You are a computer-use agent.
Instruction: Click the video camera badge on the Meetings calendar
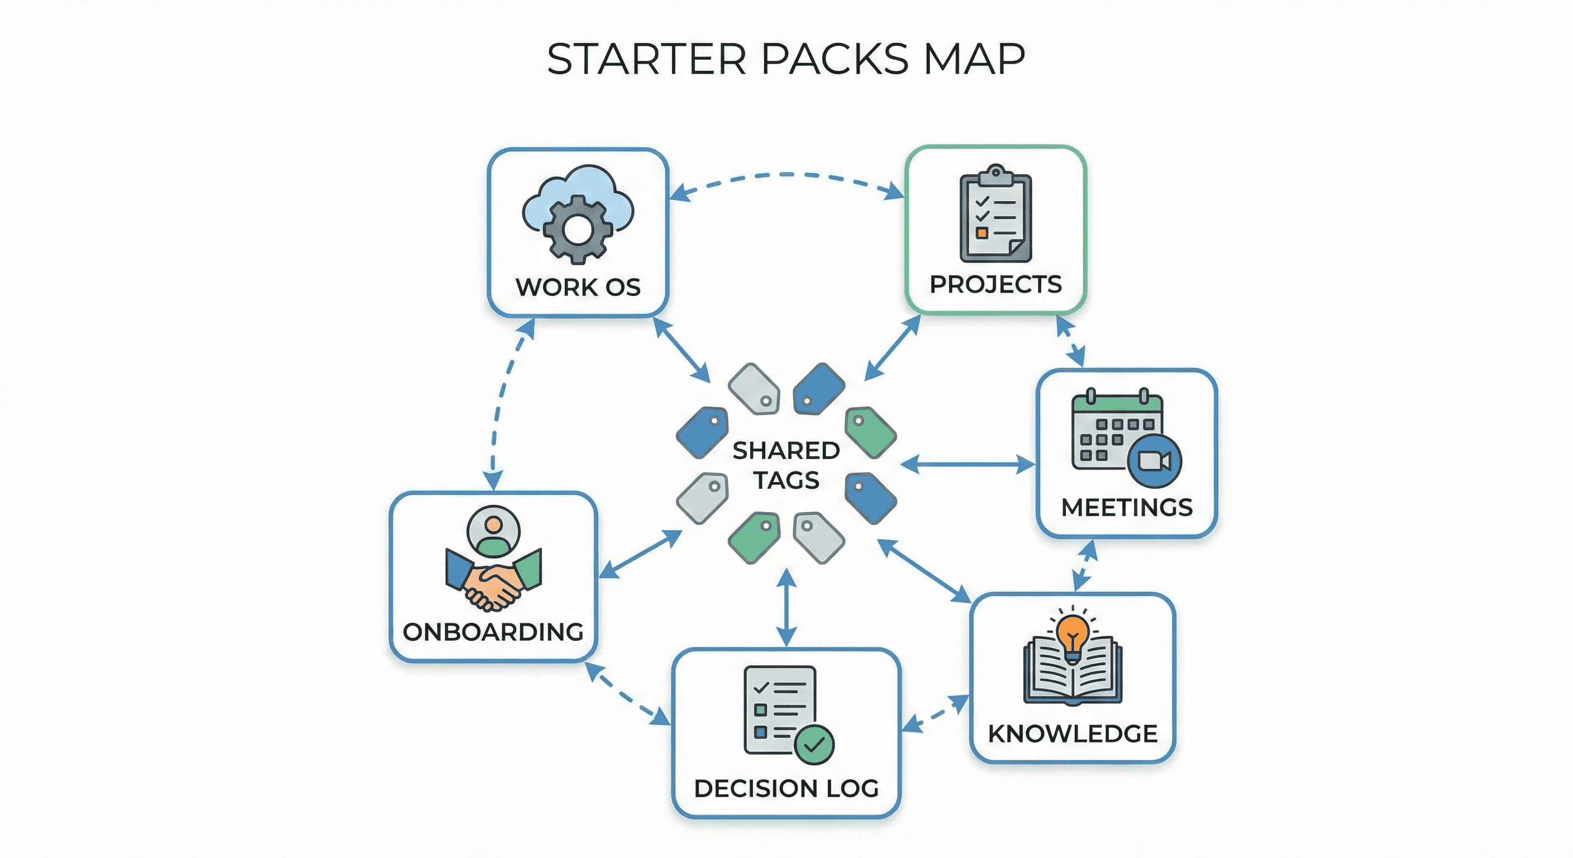pyautogui.click(x=1154, y=461)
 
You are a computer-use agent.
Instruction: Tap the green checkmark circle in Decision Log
pyautogui.click(x=814, y=744)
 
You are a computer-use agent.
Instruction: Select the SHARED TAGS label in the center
pyautogui.click(x=786, y=465)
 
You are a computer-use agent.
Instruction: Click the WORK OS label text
pyautogui.click(x=578, y=287)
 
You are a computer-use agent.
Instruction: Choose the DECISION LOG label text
pyautogui.click(x=786, y=788)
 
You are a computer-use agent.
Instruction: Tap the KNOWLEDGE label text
pyautogui.click(x=1072, y=733)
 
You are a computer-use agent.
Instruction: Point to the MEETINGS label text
pyautogui.click(x=1127, y=507)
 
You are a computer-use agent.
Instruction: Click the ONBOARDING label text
pyautogui.click(x=493, y=632)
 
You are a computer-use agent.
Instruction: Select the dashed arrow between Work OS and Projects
pyautogui.click(x=786, y=176)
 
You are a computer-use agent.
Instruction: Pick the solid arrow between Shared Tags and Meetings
pyautogui.click(x=968, y=465)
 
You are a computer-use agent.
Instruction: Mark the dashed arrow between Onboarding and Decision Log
pyautogui.click(x=627, y=694)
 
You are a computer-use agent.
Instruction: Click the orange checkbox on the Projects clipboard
pyautogui.click(x=981, y=233)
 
